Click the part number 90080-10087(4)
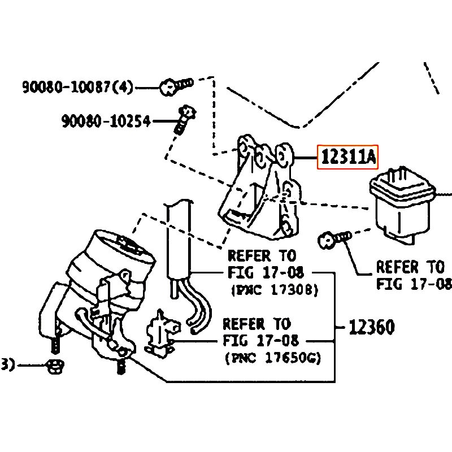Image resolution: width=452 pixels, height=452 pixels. coord(78,87)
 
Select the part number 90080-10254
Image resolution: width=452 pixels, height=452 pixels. coord(106,121)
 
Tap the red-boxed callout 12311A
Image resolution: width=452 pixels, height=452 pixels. coord(347,157)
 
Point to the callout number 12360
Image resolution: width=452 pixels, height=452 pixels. coord(371,327)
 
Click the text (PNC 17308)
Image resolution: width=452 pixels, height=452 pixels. coord(275,289)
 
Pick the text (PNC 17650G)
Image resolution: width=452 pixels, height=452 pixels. coord(273,358)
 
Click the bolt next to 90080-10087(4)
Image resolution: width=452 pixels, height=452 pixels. coord(176,86)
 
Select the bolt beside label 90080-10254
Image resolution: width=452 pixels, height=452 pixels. coord(185,120)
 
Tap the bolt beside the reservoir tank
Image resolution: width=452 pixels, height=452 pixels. coord(334,239)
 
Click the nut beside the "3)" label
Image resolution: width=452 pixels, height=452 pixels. coord(55,366)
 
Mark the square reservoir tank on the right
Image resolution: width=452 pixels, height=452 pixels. coord(403,205)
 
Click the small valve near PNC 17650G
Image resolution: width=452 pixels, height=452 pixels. coord(162,334)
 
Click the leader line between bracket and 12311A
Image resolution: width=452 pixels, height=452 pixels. coord(306,158)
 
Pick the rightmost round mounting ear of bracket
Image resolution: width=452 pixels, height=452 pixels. coord(284,155)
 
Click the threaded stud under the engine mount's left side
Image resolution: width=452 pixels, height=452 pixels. coord(55,345)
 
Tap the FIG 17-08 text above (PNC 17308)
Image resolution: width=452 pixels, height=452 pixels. coord(266,272)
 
